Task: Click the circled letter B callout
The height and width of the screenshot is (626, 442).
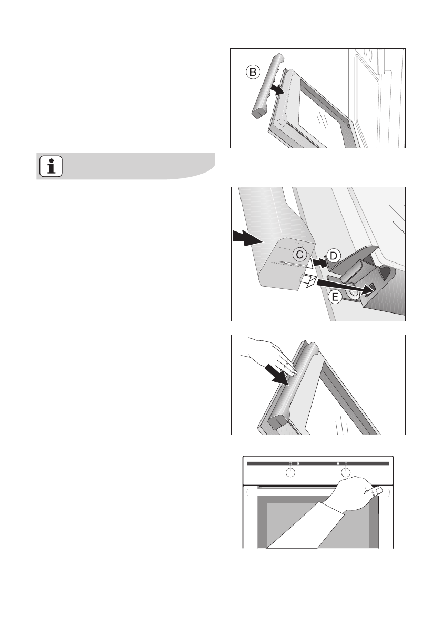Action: [253, 73]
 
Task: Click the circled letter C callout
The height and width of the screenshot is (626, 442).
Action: [299, 255]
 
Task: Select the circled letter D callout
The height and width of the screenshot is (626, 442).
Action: [334, 256]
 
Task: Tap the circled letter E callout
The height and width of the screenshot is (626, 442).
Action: [335, 297]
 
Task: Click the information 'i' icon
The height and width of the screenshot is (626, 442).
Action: [51, 166]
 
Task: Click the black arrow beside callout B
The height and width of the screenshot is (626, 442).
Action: [277, 89]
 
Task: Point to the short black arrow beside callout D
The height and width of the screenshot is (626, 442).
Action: [319, 262]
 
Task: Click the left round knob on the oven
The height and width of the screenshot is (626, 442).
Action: [290, 473]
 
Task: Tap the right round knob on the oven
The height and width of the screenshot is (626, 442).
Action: [345, 473]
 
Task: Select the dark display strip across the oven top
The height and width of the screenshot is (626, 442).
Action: [318, 463]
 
